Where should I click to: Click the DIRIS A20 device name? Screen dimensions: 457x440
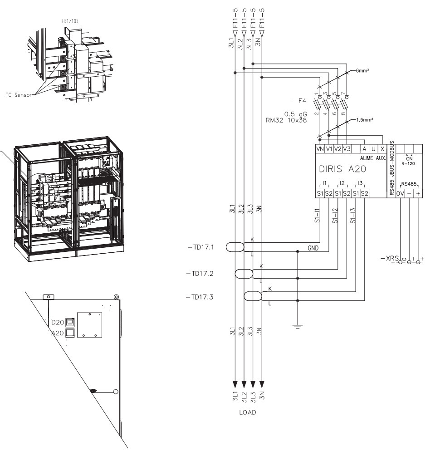(343, 170)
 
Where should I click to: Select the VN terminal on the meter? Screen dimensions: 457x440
(319, 148)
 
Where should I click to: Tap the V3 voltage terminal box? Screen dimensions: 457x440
(347, 148)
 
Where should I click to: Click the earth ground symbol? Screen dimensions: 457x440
(298, 325)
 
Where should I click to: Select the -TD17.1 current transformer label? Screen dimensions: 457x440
(201, 247)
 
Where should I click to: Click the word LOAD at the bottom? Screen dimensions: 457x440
(248, 413)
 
